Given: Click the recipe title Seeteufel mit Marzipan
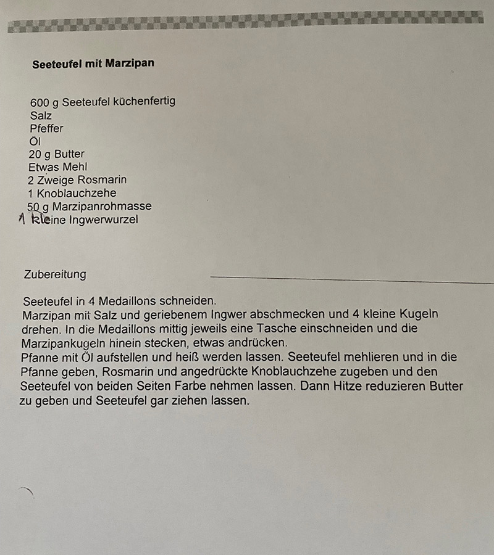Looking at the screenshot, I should tap(93, 64).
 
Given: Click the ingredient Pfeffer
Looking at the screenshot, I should tap(46, 128).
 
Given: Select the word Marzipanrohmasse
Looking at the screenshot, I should tap(102, 207).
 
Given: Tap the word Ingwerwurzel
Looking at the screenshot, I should tap(108, 220).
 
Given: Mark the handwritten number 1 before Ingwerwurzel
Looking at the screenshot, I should tap(22, 219).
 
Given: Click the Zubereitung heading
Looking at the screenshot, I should tap(55, 274).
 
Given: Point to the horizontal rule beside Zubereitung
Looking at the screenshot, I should tap(352, 279).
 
